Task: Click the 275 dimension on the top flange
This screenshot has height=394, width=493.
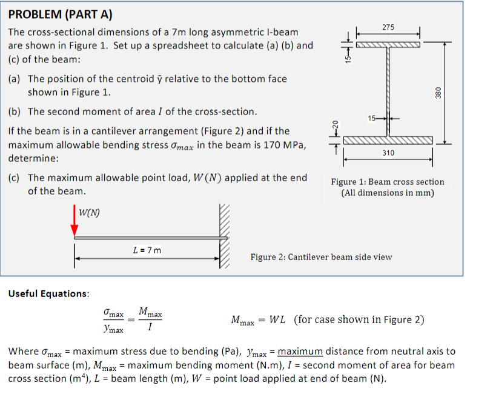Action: point(388,27)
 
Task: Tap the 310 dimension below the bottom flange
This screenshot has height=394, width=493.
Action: point(388,153)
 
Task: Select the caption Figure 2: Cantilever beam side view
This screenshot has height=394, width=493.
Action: point(321,257)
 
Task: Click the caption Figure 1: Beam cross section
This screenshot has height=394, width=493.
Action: point(388,182)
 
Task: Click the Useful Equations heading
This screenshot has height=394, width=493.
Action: point(49,293)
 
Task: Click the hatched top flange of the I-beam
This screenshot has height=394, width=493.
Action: point(388,44)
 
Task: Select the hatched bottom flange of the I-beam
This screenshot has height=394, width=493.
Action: point(388,141)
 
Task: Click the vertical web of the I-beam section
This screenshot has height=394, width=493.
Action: point(388,91)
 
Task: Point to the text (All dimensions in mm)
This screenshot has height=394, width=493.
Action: point(388,193)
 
